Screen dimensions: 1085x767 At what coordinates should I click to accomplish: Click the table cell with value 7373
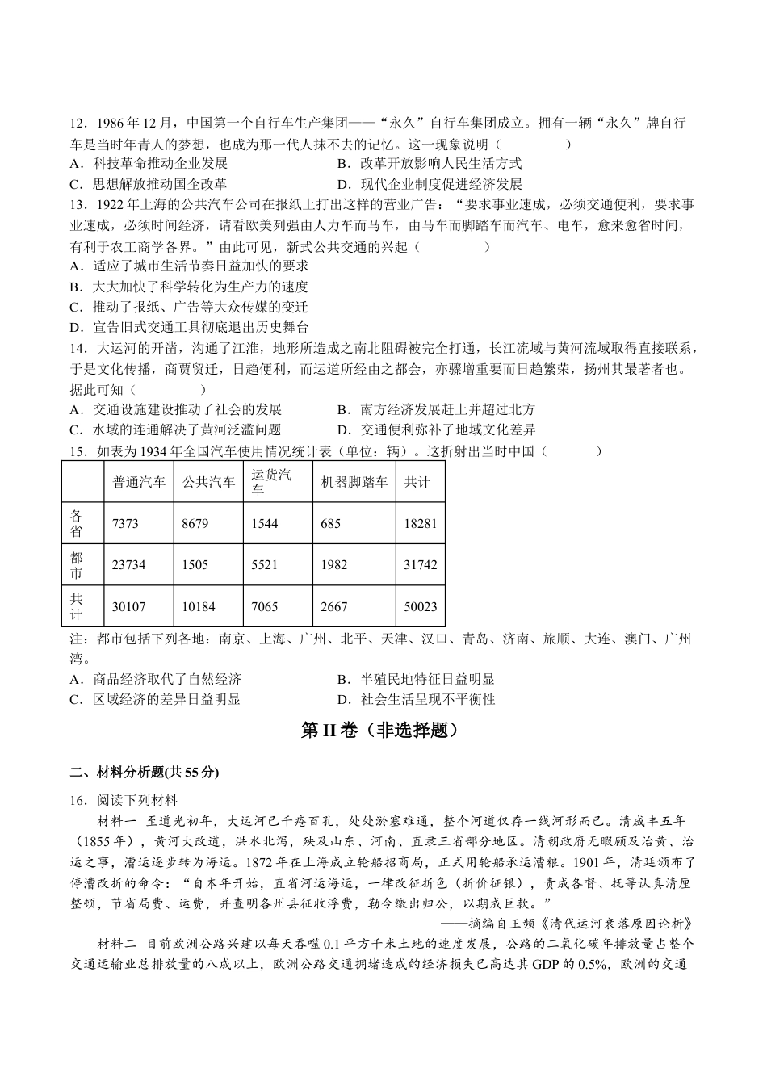125,524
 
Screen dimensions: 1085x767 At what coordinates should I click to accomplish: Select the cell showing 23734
128,565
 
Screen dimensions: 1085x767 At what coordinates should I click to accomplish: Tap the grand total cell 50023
420,606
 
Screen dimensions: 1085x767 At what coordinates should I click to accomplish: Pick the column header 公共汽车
208,482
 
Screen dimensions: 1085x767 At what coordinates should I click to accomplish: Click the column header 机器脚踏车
354,482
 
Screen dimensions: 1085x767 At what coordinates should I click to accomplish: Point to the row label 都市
76,565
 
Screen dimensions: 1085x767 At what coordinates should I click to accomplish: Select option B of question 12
429,164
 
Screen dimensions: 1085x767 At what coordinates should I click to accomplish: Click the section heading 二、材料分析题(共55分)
145,773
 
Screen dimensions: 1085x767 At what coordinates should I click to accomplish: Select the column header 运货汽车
270,482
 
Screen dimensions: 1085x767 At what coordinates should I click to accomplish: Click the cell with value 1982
334,565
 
